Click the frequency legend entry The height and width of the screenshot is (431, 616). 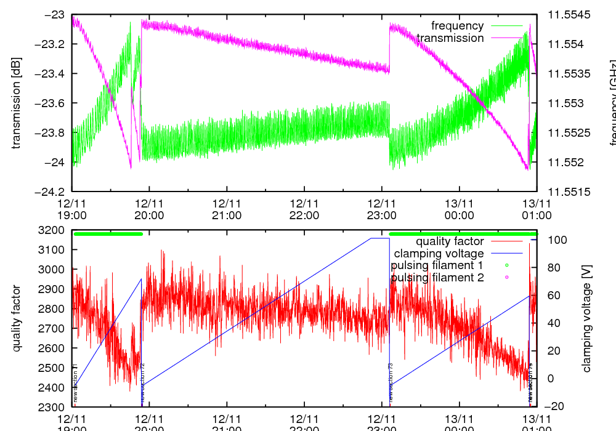(x=457, y=26)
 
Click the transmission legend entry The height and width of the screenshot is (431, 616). (x=450, y=38)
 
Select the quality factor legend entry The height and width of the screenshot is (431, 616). (x=450, y=241)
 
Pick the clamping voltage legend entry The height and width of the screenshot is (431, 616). (x=439, y=253)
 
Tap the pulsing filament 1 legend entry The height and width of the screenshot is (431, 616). (x=437, y=265)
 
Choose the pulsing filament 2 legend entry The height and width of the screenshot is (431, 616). (x=437, y=278)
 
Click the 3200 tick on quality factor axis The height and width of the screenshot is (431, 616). (x=54, y=230)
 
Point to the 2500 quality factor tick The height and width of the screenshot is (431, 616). (x=54, y=368)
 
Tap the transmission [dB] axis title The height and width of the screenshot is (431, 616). (x=17, y=103)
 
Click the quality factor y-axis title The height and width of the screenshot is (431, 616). (x=17, y=318)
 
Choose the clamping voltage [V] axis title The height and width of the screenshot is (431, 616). (x=586, y=318)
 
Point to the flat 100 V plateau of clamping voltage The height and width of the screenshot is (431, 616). (x=379, y=238)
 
